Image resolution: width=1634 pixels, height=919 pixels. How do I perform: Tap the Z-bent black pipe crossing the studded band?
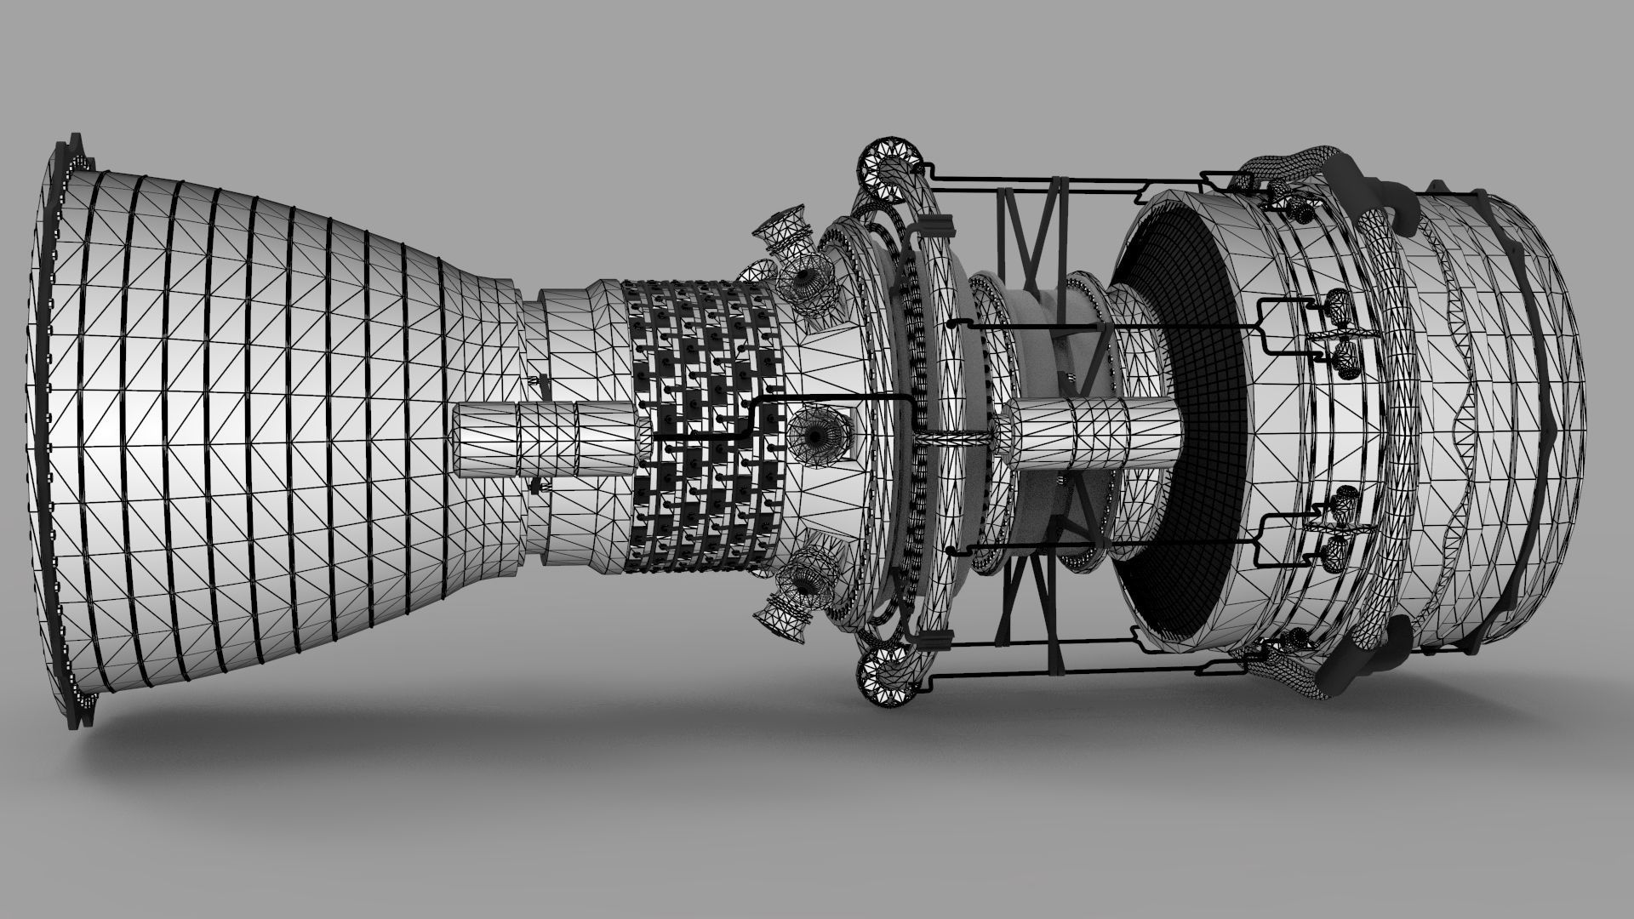[x=749, y=421]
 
